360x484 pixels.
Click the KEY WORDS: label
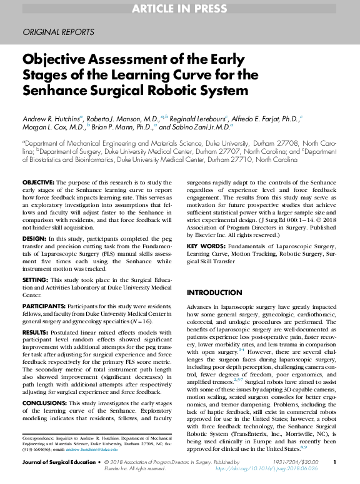point(207,246)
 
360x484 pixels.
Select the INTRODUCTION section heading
point(216,293)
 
